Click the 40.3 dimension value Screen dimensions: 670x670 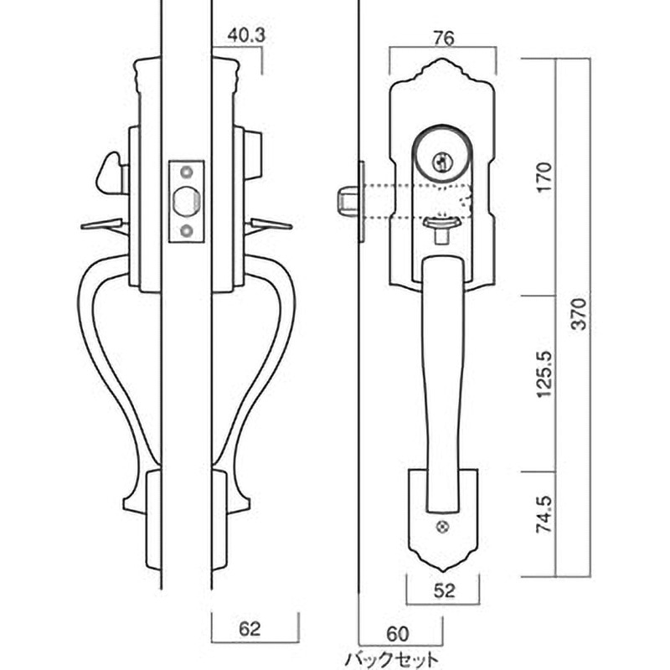(x=245, y=35)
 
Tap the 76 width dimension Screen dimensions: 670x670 (x=443, y=39)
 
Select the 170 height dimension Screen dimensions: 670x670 (x=544, y=177)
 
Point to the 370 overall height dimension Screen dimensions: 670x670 (x=580, y=313)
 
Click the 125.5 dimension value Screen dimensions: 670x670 (x=544, y=374)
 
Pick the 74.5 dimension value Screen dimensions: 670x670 (x=544, y=514)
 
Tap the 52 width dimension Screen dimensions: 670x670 (x=445, y=591)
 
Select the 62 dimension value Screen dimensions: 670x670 (x=250, y=629)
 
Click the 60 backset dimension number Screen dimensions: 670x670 (x=397, y=634)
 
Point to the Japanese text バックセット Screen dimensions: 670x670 (x=391, y=659)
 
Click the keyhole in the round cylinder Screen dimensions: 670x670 (x=441, y=161)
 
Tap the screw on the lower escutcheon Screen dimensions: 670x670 (x=443, y=528)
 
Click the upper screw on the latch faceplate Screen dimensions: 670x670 (x=187, y=173)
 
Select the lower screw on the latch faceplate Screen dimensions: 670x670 (x=187, y=231)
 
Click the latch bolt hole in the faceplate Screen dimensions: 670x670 (x=187, y=201)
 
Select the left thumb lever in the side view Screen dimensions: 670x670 (x=102, y=224)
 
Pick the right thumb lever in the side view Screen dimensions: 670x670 (x=271, y=224)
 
